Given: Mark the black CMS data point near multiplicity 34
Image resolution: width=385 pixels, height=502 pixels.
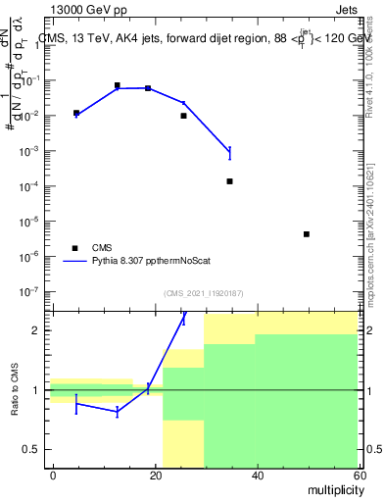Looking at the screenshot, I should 229,181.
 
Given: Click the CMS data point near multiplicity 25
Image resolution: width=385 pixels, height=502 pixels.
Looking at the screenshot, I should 183,116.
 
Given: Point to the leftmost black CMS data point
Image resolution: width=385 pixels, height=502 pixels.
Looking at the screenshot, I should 76,113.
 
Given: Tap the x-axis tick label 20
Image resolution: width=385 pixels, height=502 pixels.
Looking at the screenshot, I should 155,475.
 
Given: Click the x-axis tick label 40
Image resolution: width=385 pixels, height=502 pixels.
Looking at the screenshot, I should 257,475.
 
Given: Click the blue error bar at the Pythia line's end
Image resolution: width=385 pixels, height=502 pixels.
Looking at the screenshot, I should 229,152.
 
